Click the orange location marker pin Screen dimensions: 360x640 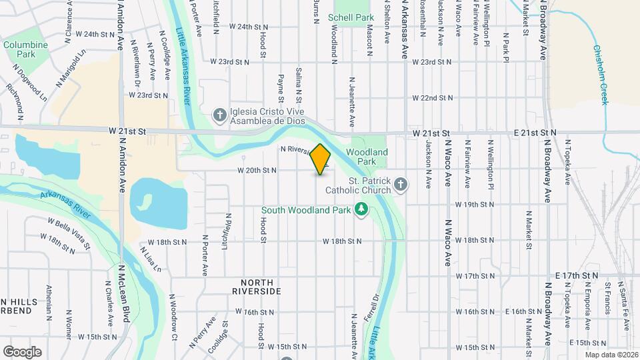(x=321, y=159)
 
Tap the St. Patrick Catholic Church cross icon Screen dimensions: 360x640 (x=400, y=183)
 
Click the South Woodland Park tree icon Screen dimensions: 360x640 (x=361, y=209)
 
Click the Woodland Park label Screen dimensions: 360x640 (x=367, y=157)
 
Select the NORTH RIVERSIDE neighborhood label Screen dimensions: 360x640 (x=257, y=287)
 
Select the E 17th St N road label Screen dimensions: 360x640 (x=576, y=275)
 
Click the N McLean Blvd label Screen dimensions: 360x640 (x=123, y=294)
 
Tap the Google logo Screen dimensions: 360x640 (x=22, y=351)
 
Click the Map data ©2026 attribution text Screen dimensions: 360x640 (x=611, y=355)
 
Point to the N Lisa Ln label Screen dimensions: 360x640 (x=151, y=259)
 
